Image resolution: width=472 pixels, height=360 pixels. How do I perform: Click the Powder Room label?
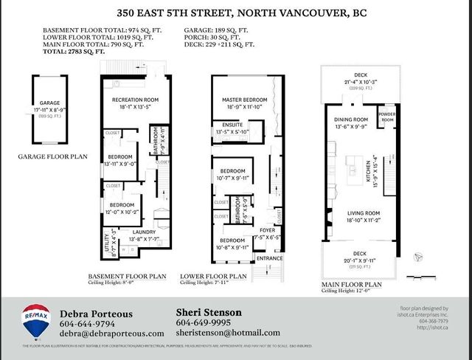(x=387, y=117)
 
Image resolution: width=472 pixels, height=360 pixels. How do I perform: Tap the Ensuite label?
(x=232, y=125)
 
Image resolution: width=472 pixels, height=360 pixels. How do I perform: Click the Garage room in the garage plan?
(x=44, y=108)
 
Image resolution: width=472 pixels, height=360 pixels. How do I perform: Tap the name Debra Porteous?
(x=96, y=313)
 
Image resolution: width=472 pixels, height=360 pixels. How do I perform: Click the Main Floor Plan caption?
(x=352, y=283)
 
